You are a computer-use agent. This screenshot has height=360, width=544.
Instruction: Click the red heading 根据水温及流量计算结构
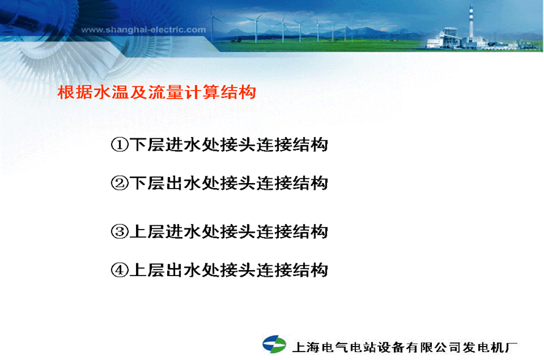click(x=157, y=92)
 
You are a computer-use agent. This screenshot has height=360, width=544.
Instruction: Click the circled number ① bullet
click(x=119, y=144)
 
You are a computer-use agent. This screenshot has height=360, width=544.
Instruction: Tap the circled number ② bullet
click(x=119, y=183)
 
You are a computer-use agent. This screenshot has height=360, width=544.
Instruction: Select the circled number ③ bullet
click(x=119, y=231)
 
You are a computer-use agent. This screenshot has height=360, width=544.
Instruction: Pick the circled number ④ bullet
click(x=119, y=270)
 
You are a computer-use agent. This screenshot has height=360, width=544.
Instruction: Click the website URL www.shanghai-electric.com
click(x=143, y=30)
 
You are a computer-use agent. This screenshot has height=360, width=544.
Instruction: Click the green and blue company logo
click(x=274, y=345)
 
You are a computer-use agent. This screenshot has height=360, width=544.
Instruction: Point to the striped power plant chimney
click(x=471, y=23)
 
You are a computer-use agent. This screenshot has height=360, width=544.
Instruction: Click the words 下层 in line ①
click(x=147, y=144)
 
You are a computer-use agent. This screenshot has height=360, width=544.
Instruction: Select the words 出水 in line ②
click(x=184, y=183)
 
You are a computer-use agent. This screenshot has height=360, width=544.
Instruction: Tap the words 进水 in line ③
click(x=184, y=231)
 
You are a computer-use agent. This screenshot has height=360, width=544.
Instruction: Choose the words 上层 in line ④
click(x=147, y=270)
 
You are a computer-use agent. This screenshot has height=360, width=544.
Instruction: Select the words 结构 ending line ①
click(x=311, y=144)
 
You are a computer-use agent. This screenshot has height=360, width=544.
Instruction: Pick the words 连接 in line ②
click(x=274, y=183)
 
